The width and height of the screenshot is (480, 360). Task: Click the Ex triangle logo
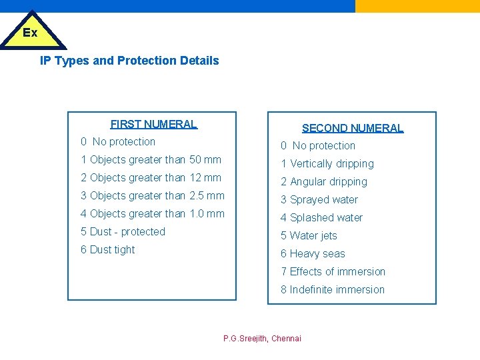click(31, 32)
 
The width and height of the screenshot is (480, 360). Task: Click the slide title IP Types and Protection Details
click(129, 61)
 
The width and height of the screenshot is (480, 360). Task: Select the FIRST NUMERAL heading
click(154, 124)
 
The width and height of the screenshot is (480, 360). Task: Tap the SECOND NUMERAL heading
click(353, 128)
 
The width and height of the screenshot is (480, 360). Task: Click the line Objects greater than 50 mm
click(151, 160)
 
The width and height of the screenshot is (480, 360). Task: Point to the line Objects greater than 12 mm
click(151, 178)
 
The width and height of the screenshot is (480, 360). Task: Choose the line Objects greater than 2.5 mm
click(153, 196)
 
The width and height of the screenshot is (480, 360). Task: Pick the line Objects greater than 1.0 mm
click(153, 214)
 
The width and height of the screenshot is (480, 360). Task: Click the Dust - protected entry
click(123, 232)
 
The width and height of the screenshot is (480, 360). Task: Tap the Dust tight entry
click(107, 250)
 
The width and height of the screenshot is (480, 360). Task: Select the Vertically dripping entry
click(327, 164)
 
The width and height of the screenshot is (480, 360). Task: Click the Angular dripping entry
click(324, 182)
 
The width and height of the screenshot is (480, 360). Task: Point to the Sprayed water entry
click(319, 200)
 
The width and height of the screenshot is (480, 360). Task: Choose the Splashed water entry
click(322, 218)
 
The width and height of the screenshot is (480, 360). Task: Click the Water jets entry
click(309, 236)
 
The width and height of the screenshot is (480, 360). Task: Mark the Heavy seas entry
click(313, 254)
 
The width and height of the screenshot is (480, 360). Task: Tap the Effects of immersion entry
click(333, 272)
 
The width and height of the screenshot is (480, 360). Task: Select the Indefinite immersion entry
click(333, 290)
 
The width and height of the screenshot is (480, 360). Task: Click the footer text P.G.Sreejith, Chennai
click(262, 339)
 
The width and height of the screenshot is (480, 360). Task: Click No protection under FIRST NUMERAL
click(118, 142)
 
